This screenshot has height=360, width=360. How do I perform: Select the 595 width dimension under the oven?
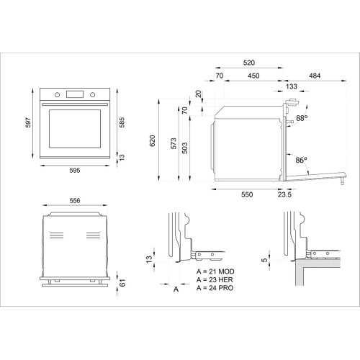coord(75,171)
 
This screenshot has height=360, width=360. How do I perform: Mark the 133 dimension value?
coord(291,86)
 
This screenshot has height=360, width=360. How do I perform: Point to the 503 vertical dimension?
coord(184,148)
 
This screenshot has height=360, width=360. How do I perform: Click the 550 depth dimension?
coord(247,194)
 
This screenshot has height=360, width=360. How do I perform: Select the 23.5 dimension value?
coord(284,194)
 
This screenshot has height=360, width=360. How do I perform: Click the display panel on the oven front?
coord(74,94)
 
